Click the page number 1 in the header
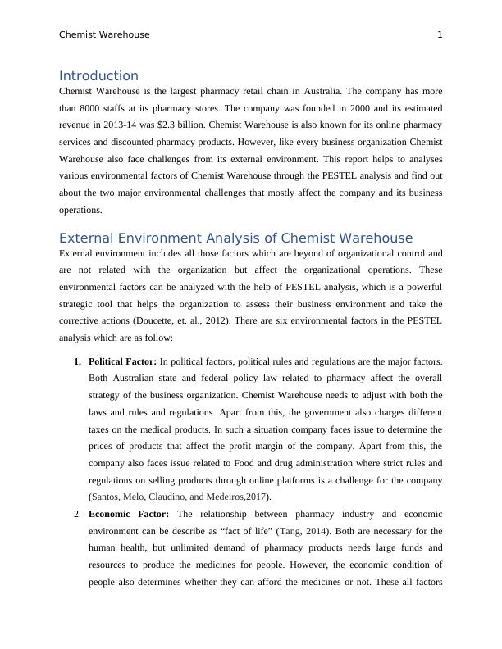(x=440, y=34)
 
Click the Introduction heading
(x=98, y=75)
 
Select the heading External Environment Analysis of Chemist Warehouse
(x=235, y=238)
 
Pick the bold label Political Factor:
(x=122, y=361)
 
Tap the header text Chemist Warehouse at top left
(x=104, y=34)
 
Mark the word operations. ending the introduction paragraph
(x=80, y=209)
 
